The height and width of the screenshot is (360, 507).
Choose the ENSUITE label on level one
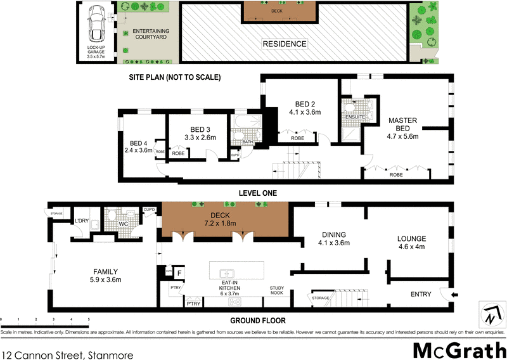coord(354,117)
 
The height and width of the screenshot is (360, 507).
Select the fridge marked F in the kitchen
coord(179,273)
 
